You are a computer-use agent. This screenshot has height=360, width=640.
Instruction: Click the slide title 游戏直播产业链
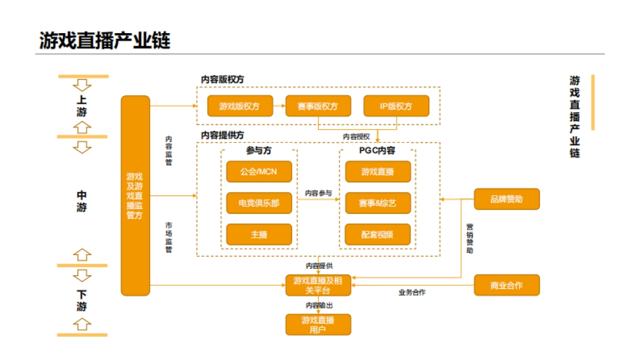click(105, 41)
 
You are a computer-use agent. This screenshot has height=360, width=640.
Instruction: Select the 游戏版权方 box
click(240, 106)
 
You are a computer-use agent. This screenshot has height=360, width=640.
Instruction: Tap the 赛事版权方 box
click(318, 106)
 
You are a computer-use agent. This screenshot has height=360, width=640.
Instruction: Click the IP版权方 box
click(396, 106)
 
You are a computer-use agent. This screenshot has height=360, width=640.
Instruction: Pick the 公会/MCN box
click(259, 172)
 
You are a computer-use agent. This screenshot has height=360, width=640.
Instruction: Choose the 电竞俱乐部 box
click(259, 203)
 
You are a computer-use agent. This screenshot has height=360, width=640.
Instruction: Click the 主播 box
click(259, 235)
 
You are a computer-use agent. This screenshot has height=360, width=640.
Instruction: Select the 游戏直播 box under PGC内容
click(378, 172)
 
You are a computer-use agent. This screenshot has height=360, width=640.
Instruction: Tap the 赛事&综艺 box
click(378, 203)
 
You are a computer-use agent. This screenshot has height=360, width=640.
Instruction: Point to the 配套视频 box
click(378, 235)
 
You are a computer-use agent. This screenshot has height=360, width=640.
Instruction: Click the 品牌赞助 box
click(507, 199)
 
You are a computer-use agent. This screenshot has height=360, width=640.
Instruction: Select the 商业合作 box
click(507, 285)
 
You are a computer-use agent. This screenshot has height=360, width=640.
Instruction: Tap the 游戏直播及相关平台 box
click(318, 285)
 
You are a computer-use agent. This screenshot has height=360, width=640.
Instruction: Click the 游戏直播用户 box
click(318, 325)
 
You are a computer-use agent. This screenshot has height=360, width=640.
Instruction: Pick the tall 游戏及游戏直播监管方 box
click(135, 196)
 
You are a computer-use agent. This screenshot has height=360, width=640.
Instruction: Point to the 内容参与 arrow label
click(318, 193)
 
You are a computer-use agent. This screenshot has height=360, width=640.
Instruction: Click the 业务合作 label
click(412, 292)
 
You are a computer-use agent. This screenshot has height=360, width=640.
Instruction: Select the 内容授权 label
click(356, 137)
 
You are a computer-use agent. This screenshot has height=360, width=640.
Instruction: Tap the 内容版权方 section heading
click(222, 79)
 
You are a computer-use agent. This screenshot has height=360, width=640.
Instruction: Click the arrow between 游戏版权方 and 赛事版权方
click(279, 106)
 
